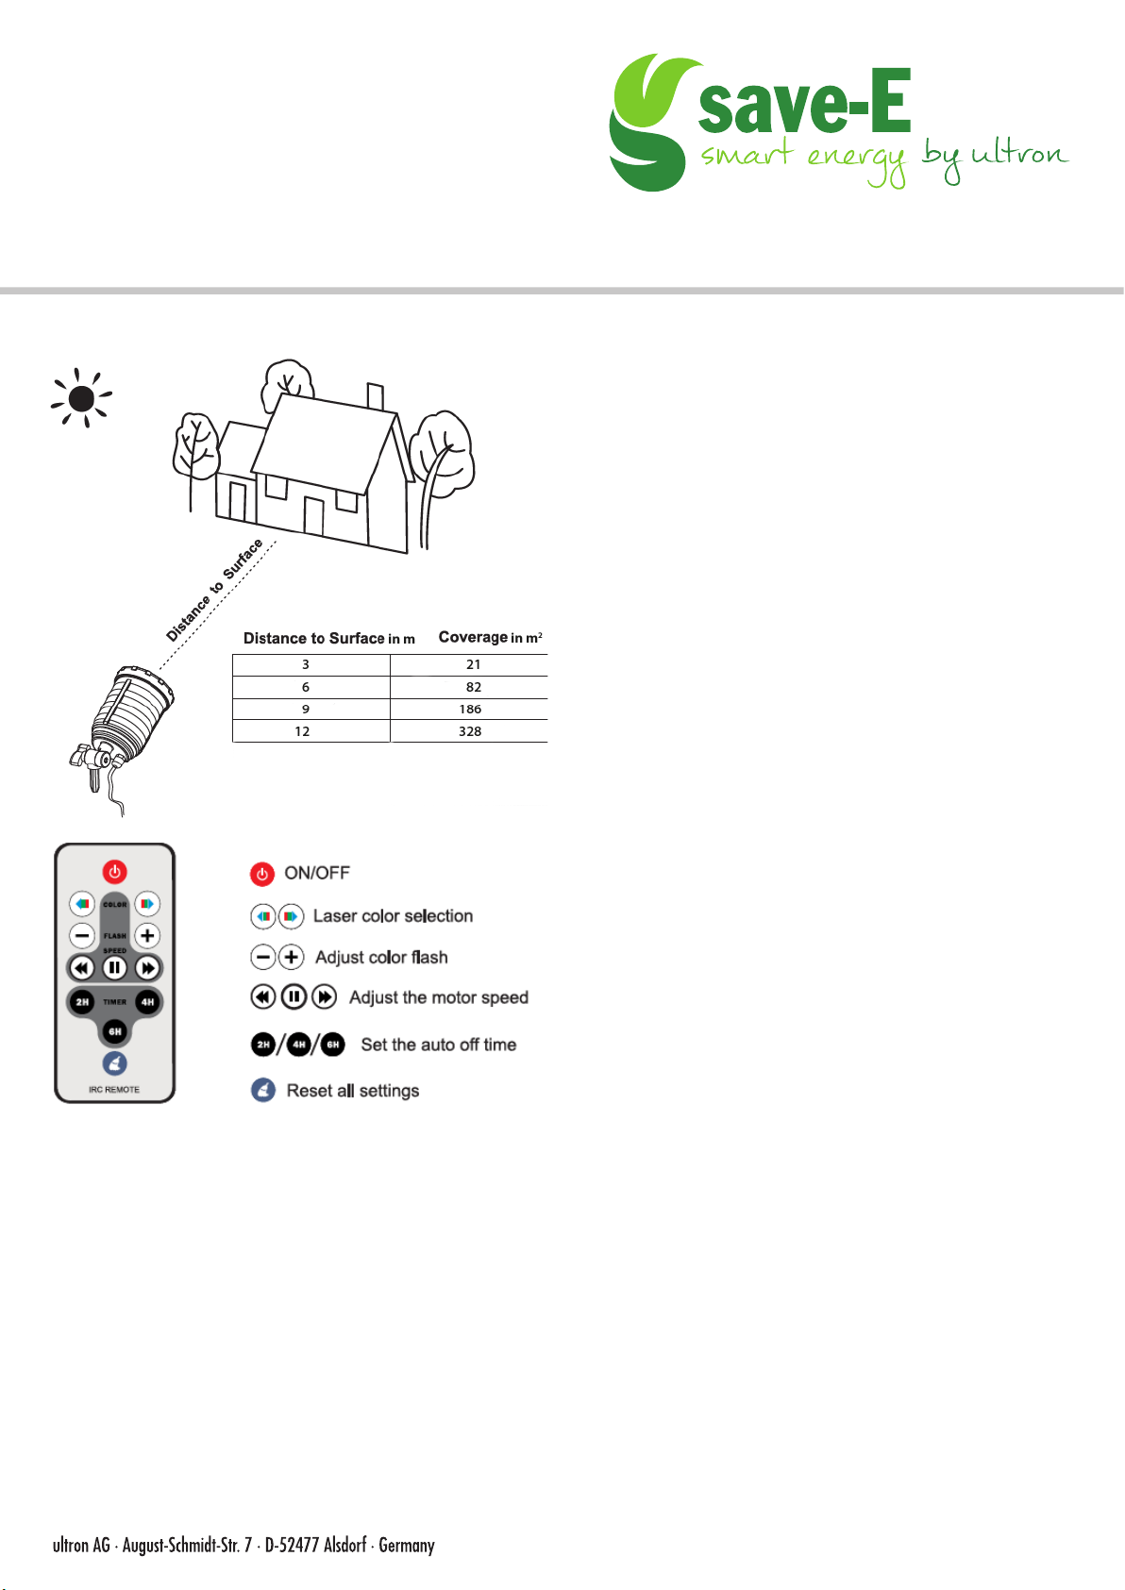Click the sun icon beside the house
(81, 398)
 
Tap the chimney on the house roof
(375, 396)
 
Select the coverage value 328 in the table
(470, 731)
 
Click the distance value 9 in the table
(305, 709)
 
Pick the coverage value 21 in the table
(474, 664)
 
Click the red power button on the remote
(114, 872)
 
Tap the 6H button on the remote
(114, 1031)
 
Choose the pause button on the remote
(114, 968)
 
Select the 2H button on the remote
(82, 1001)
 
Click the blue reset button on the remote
(114, 1063)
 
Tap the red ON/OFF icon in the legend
(262, 874)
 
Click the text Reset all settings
(353, 1091)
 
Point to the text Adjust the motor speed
(439, 997)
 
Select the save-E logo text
(804, 102)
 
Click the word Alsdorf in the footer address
(344, 1546)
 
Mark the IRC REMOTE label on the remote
(114, 1090)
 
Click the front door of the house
(313, 515)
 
